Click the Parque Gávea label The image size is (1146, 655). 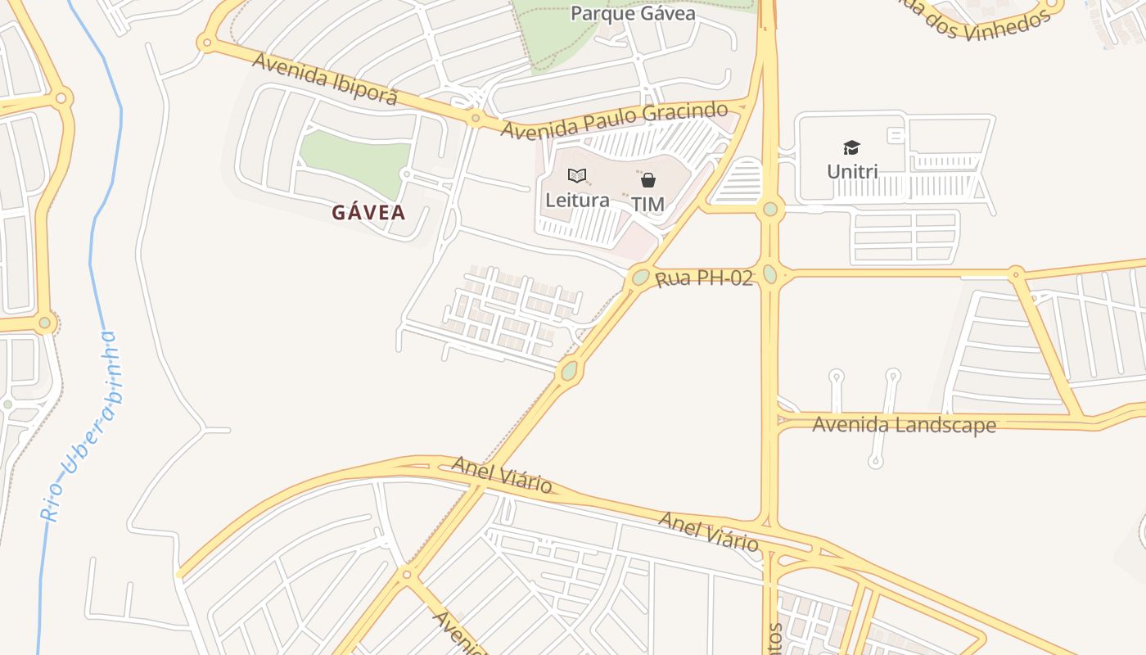[x=633, y=14]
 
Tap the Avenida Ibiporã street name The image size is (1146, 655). [x=325, y=79]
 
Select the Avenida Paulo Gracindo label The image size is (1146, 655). [x=614, y=120]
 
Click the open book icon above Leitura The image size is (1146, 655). [x=577, y=175]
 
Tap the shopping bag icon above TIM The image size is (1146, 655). [x=648, y=180]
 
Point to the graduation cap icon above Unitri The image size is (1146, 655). [x=852, y=148]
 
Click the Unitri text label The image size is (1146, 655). [x=852, y=172]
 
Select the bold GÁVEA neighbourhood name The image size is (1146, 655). [x=368, y=213]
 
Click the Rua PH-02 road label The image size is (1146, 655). [x=704, y=279]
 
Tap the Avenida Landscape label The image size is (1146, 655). [x=904, y=425]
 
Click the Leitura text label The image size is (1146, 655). [x=577, y=200]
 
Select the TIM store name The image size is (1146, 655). [x=647, y=204]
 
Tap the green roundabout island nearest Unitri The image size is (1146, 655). [x=769, y=209]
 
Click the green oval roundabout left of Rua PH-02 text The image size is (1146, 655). [x=640, y=278]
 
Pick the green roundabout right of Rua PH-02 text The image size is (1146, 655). [x=769, y=274]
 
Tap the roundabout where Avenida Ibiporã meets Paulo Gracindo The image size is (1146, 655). [x=476, y=119]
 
